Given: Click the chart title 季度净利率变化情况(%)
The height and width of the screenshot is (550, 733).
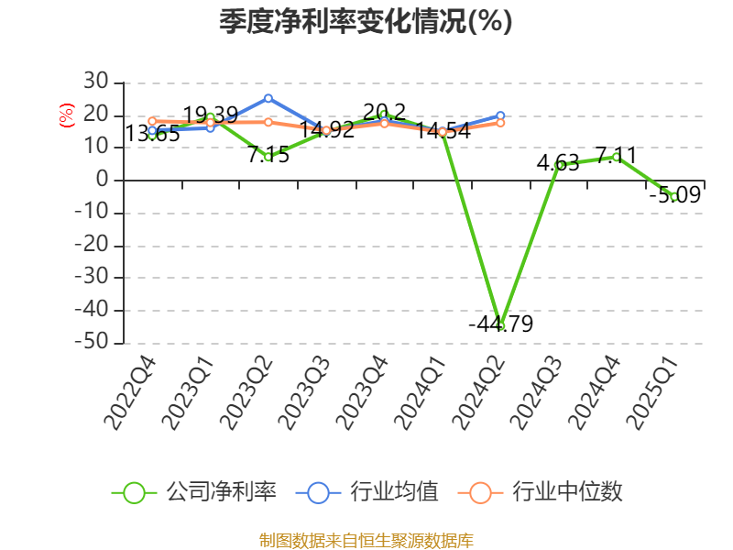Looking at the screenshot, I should tap(366, 21).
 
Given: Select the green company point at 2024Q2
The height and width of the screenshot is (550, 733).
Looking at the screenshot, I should tap(500, 325).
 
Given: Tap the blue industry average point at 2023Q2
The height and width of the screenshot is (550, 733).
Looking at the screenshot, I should tap(268, 98).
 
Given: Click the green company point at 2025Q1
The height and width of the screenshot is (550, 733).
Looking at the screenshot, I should tap(674, 196).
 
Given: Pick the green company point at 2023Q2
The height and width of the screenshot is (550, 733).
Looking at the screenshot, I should tap(268, 157).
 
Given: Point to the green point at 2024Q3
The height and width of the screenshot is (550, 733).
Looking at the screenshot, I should tap(559, 165).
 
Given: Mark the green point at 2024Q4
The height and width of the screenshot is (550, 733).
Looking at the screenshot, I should tap(617, 157).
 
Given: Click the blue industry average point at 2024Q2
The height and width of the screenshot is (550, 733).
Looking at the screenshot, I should tap(500, 115).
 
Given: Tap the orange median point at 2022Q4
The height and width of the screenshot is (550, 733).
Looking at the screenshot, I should tap(152, 121).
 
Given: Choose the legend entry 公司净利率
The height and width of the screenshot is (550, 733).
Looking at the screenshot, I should tap(194, 492).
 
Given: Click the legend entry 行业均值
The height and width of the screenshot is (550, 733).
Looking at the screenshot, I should tap(367, 492).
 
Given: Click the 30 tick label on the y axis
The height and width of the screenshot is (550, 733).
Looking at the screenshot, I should tap(96, 82).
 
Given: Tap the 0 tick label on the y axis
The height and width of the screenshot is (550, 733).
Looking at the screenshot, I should tap(104, 181).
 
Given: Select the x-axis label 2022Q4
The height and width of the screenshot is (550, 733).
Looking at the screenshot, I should tap(131, 394).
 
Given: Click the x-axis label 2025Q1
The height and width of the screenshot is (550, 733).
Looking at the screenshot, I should tap(652, 394).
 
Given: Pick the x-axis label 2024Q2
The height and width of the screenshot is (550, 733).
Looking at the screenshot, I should tap(478, 394).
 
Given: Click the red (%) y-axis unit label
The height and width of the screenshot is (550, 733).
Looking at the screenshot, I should tap(66, 115).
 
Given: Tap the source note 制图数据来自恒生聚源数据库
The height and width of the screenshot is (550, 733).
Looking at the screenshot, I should tap(366, 541).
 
